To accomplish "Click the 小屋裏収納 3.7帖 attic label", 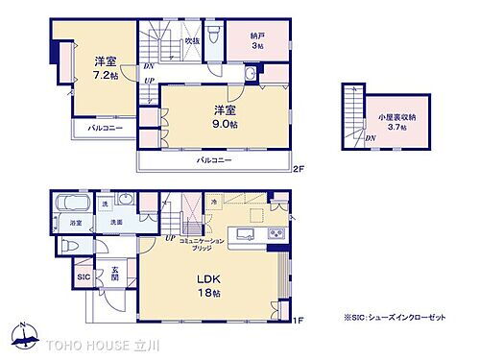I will (x=391, y=122).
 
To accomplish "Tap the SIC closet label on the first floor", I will (x=84, y=278).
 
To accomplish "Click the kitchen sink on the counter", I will (x=241, y=234).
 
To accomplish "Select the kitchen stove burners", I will (x=275, y=234).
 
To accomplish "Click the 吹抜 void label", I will (x=192, y=42).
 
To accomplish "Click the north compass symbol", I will (x=20, y=333).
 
